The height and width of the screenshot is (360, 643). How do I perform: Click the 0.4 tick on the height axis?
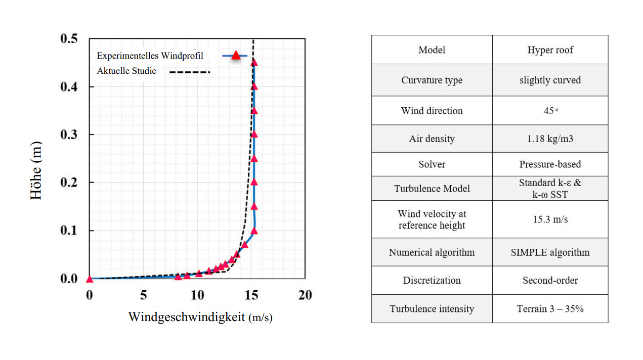point(70,86)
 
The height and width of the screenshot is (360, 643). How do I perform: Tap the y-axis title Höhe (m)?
point(36,170)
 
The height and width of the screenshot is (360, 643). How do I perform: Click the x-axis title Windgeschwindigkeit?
point(187,317)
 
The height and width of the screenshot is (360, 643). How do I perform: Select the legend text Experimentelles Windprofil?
point(150,56)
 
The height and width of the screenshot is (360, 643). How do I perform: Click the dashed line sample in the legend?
point(189,73)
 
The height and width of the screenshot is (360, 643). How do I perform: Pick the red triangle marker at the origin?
point(90,279)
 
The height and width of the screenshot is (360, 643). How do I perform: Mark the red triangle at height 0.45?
point(254,62)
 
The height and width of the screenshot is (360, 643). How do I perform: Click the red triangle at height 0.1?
point(254,231)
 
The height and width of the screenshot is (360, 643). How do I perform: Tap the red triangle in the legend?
point(236,55)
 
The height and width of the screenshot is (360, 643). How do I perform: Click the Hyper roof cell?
point(550,50)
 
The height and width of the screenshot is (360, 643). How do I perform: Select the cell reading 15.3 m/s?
point(550,219)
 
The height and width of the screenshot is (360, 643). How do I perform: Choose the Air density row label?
point(432,139)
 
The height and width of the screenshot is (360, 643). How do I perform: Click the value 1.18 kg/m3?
point(550,139)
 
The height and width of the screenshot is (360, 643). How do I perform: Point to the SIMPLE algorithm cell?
point(550,252)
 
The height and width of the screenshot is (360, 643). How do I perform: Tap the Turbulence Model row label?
point(432,189)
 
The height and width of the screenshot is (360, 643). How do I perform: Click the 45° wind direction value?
point(550,111)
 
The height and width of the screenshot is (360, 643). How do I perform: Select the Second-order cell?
point(550,280)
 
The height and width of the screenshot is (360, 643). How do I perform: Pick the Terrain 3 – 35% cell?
point(550,308)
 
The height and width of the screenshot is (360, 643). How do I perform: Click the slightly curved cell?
point(550,80)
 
